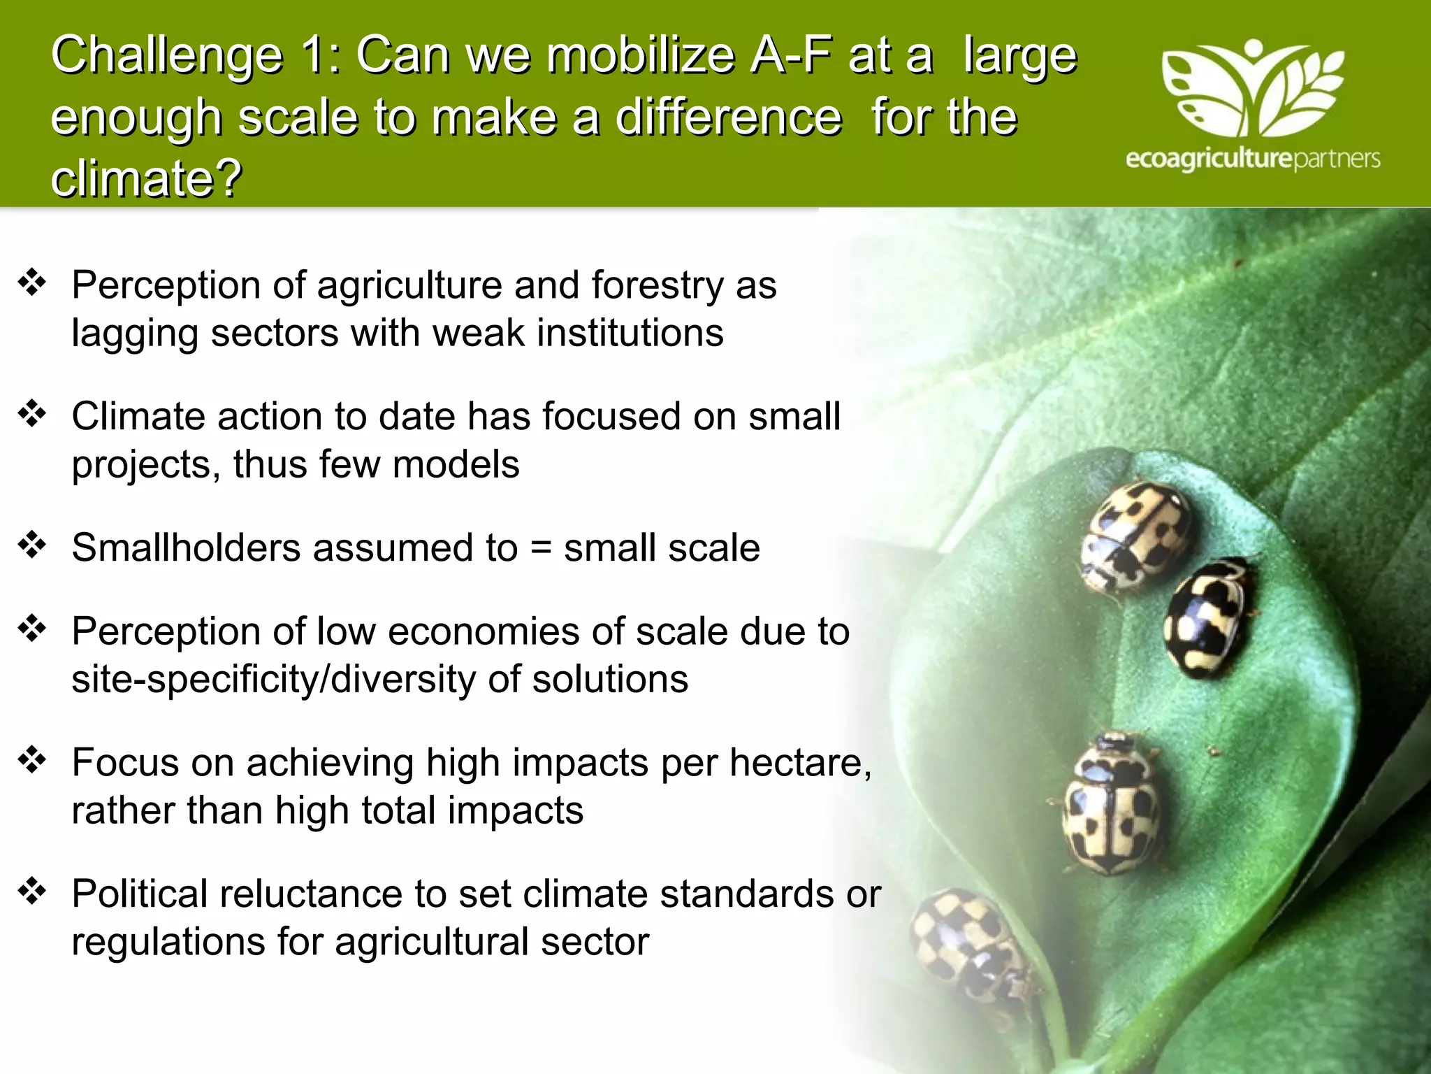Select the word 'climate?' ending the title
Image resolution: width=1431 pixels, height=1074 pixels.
coord(146,178)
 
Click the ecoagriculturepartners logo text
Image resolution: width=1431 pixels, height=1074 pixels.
coord(1253,159)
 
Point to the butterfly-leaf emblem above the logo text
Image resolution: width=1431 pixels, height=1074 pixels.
coord(1253,87)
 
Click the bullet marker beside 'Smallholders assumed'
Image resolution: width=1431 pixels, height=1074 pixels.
coord(32,545)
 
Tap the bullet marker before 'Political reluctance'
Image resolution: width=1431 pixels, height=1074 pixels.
coord(32,891)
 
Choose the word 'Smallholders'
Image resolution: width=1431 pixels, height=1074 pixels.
coord(187,547)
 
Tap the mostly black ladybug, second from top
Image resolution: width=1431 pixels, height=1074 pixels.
coord(1208,617)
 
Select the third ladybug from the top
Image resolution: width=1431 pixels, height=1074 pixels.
coord(1111,804)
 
